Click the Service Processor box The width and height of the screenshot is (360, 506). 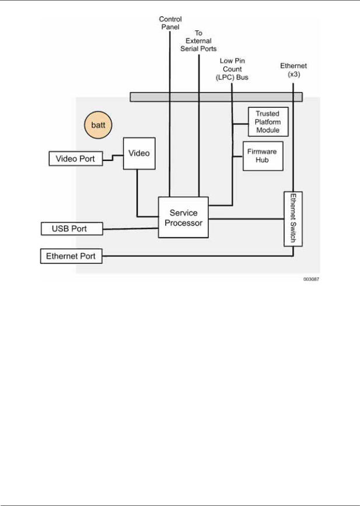point(183,217)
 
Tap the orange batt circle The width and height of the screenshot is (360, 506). point(98,125)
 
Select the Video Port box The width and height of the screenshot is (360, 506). point(75,159)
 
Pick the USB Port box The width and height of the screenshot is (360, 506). point(72,229)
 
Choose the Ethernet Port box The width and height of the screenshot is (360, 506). point(71,256)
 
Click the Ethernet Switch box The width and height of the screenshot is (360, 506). point(293,219)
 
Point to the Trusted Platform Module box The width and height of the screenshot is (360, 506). point(268,122)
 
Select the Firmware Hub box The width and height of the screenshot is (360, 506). point(263,156)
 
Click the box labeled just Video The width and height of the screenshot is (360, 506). point(139,153)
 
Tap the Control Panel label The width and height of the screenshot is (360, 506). point(170,23)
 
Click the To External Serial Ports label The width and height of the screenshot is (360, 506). point(198,41)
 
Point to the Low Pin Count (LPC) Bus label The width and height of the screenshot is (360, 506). point(232,69)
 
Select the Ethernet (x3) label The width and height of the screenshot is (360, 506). point(293,70)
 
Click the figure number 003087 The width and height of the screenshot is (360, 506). point(311,279)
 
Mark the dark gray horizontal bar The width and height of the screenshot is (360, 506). point(216,97)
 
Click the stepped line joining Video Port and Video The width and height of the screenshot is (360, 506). point(113,157)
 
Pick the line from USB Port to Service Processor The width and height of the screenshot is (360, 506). point(131,229)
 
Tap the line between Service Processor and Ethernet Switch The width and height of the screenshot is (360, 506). point(246,219)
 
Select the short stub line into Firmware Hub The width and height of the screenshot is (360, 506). point(237,157)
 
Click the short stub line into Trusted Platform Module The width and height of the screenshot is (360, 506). point(240,124)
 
